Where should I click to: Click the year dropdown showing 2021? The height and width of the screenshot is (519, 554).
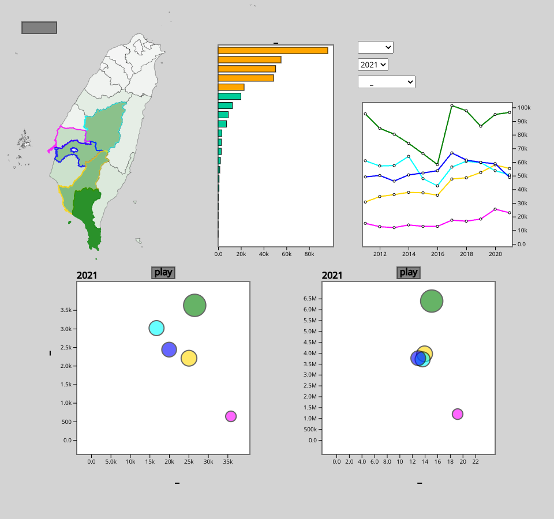373,65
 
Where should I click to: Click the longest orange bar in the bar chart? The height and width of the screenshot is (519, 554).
273,50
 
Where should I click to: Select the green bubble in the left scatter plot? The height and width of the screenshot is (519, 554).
195,305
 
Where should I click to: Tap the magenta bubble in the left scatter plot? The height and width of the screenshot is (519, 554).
231,416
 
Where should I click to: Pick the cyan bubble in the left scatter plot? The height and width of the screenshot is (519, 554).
156,328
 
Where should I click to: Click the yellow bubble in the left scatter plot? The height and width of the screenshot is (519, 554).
189,358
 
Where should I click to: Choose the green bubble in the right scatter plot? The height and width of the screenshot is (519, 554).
432,300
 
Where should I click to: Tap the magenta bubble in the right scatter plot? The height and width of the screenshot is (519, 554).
458,414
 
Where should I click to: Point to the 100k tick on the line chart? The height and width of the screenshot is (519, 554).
524,108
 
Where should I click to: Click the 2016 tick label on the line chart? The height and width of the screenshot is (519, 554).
437,254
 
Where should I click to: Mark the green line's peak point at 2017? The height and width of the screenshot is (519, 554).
452,106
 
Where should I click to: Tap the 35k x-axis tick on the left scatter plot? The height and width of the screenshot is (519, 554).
228,462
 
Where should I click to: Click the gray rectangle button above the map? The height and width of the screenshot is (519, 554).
39,28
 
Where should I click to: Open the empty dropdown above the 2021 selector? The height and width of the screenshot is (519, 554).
375,47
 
